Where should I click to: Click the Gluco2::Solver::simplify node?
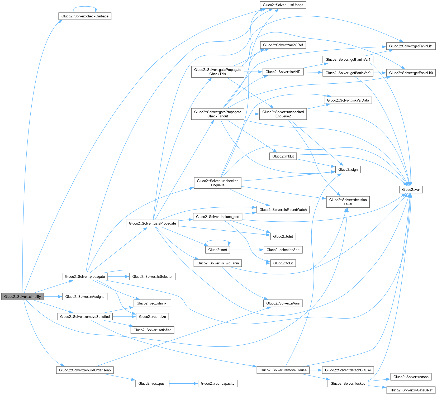coord(22,297)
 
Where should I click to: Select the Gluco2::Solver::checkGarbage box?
coord(85,16)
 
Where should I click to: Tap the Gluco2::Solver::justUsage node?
coord(283,5)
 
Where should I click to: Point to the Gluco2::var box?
coord(411,189)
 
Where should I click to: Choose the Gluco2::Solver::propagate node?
coord(85,277)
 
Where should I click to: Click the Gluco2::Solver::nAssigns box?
coord(85,297)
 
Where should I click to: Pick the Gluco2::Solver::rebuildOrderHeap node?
coord(85,370)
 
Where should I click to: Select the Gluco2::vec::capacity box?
coord(217,383)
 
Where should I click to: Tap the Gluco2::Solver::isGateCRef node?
coord(411,390)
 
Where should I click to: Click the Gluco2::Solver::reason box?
coord(411,377)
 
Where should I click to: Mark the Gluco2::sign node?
coord(348,169)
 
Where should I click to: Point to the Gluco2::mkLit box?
coord(283,156)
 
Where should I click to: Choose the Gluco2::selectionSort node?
coord(283,250)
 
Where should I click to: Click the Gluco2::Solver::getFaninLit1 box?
coord(411,46)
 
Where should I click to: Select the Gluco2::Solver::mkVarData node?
coord(348,100)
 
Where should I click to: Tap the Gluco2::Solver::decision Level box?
coord(348,202)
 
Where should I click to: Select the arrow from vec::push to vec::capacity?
coord(184,383)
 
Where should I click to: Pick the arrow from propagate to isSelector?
coord(118,277)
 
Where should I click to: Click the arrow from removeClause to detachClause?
coord(316,370)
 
